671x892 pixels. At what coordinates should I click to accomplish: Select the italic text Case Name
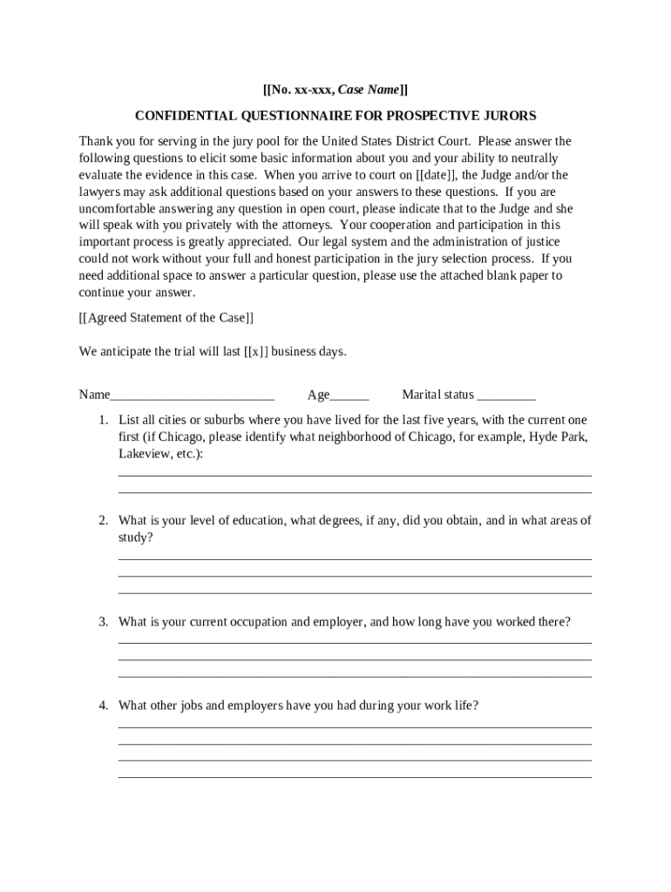click(369, 90)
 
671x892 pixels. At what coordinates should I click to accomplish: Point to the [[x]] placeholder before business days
click(255, 351)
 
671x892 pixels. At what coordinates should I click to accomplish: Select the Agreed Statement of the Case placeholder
click(166, 318)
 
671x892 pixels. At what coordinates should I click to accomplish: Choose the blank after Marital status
click(506, 396)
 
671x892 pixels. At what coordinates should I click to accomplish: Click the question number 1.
click(103, 420)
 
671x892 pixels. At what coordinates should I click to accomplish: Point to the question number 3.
click(103, 622)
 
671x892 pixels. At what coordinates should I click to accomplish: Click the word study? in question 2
click(135, 537)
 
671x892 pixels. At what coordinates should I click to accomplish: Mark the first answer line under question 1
click(355, 476)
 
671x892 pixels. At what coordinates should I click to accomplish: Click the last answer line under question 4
click(355, 777)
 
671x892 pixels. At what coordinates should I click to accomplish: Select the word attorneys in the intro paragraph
click(296, 226)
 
